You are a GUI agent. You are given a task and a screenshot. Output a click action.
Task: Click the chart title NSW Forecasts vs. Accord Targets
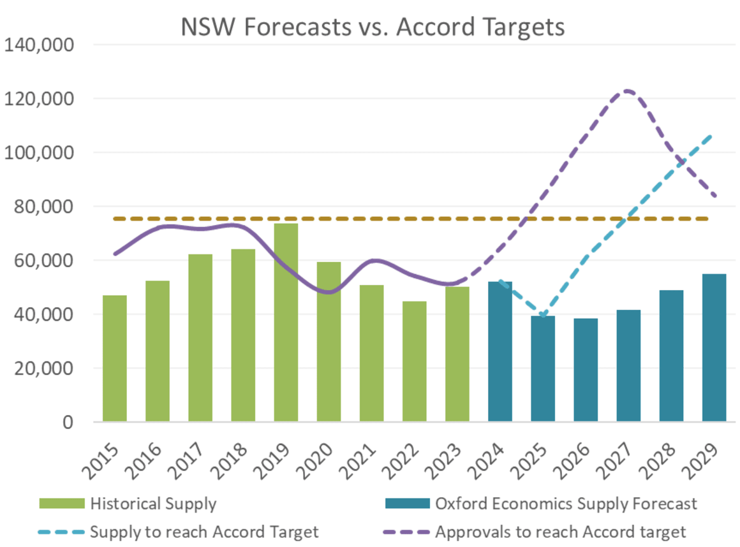tap(373, 27)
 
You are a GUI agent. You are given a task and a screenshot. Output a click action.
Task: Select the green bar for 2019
tap(286, 325)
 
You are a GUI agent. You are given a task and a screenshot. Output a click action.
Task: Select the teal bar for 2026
tap(586, 370)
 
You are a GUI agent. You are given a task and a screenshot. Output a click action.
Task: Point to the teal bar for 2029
tap(714, 347)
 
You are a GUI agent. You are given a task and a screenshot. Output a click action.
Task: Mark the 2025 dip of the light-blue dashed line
tap(542, 315)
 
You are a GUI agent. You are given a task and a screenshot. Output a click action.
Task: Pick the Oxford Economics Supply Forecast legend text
tap(566, 504)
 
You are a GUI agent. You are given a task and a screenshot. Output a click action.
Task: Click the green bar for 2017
tap(200, 338)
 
